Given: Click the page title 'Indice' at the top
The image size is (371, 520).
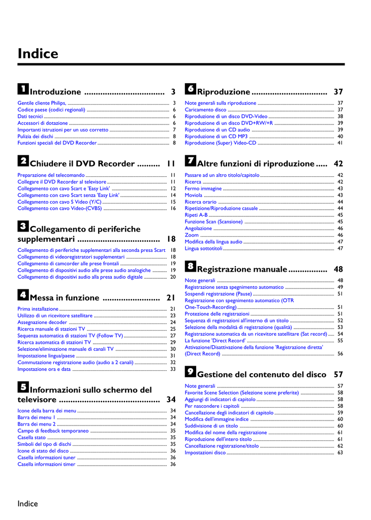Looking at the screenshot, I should tap(38, 53).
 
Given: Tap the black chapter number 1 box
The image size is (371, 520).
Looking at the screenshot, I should tap(23, 89).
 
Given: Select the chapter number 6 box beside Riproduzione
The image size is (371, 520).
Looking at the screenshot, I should tap(190, 89).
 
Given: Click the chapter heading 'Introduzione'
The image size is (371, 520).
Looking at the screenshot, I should tap(55, 92).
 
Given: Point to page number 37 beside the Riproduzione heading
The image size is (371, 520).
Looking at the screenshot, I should tap(338, 92).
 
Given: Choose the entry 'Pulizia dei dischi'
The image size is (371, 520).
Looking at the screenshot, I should tap(36, 136).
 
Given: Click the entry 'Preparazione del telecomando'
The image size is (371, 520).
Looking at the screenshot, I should tap(51, 175).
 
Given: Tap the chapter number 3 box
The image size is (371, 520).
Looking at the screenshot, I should tap(23, 226).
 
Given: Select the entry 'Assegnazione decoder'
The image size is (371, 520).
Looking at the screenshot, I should tap(42, 322).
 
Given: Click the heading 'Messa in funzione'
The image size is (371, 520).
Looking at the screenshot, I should tap(65, 298).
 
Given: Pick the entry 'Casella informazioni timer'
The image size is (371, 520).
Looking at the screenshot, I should tap(46, 464).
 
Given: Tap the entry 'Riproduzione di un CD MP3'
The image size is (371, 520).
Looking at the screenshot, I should tap(216, 136).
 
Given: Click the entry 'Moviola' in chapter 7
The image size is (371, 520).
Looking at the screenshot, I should tap(193, 195).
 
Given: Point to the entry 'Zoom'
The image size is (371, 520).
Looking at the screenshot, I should tap(192, 235).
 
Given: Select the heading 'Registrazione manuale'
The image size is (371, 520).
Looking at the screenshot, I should tap(242, 269).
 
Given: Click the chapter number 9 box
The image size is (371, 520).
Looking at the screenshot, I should tap(190, 371).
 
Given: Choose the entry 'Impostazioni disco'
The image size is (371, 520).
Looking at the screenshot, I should tap(205, 452).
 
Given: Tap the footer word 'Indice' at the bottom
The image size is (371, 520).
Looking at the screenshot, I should tap(27, 504).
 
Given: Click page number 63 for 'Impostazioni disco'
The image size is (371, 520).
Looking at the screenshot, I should tap(340, 452).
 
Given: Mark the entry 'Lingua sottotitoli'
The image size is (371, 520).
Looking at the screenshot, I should tap(203, 248).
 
